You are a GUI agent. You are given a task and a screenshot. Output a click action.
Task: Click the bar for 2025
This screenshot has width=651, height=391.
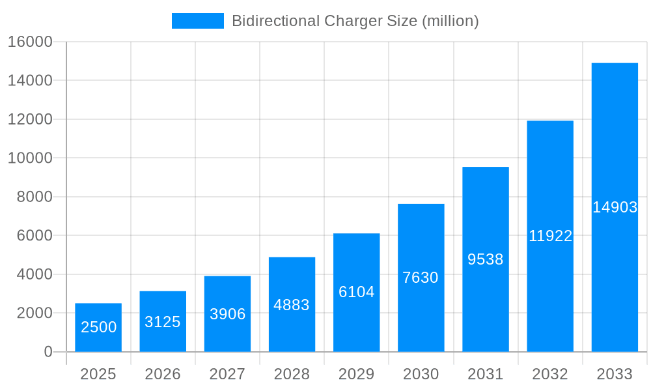coord(98,313)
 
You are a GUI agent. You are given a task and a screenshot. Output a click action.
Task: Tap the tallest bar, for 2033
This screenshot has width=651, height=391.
coord(615,163)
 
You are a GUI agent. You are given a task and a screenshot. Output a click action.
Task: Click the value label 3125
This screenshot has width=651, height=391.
coord(163,322)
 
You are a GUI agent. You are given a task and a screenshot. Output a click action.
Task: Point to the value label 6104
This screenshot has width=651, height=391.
coord(356,292)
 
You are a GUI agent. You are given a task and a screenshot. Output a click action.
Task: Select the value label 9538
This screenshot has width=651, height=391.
coord(486,259)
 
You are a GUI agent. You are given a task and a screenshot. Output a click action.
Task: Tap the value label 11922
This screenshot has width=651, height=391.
coord(550,236)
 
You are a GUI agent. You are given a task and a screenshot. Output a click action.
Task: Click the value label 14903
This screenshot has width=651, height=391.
coord(615,207)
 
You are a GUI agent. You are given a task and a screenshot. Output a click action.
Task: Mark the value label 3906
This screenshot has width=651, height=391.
coord(227,314)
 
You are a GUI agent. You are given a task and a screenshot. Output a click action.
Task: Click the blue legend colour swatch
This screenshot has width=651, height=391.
coord(197,21)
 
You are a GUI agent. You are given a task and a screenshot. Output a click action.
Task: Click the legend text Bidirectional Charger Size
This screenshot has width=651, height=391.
coord(355,21)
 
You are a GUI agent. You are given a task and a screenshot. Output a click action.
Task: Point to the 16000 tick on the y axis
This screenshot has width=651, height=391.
coord(30,42)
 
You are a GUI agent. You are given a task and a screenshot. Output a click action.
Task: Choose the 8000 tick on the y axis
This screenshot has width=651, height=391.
coord(34,197)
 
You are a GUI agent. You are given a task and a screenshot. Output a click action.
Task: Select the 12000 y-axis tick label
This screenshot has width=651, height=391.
coord(30,119)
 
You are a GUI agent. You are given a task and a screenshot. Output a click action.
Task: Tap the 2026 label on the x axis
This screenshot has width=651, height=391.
coord(163,374)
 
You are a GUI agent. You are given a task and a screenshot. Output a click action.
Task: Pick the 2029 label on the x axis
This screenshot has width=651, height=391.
coord(356,374)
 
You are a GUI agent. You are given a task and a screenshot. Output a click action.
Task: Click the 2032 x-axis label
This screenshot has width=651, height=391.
coord(550,374)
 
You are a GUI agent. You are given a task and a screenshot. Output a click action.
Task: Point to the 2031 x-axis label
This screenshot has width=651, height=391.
coord(486,374)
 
